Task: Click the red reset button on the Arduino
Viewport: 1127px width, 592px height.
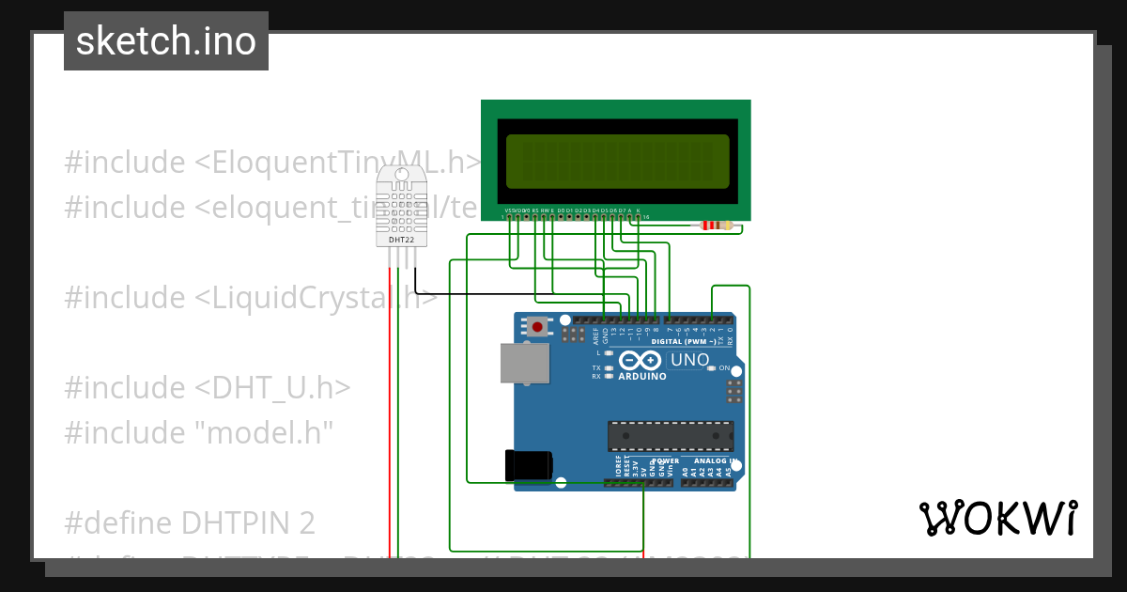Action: (537, 327)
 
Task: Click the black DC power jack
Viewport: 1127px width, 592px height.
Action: (528, 465)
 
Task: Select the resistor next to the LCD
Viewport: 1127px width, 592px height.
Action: (716, 226)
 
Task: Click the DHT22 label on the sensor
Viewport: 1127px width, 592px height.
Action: (401, 241)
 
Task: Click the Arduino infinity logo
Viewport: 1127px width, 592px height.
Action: (641, 361)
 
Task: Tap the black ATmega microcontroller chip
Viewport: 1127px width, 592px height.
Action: (670, 436)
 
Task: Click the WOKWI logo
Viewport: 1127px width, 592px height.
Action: (997, 518)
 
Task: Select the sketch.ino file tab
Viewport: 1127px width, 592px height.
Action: (166, 41)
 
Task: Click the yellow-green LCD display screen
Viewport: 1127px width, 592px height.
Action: (616, 160)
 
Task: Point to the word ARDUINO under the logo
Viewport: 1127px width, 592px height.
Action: (641, 377)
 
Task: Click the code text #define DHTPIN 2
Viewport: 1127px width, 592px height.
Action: (190, 522)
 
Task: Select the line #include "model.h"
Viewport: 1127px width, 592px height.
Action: (199, 432)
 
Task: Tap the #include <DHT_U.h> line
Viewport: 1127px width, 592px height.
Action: (208, 387)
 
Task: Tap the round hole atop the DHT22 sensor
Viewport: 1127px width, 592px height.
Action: (401, 174)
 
